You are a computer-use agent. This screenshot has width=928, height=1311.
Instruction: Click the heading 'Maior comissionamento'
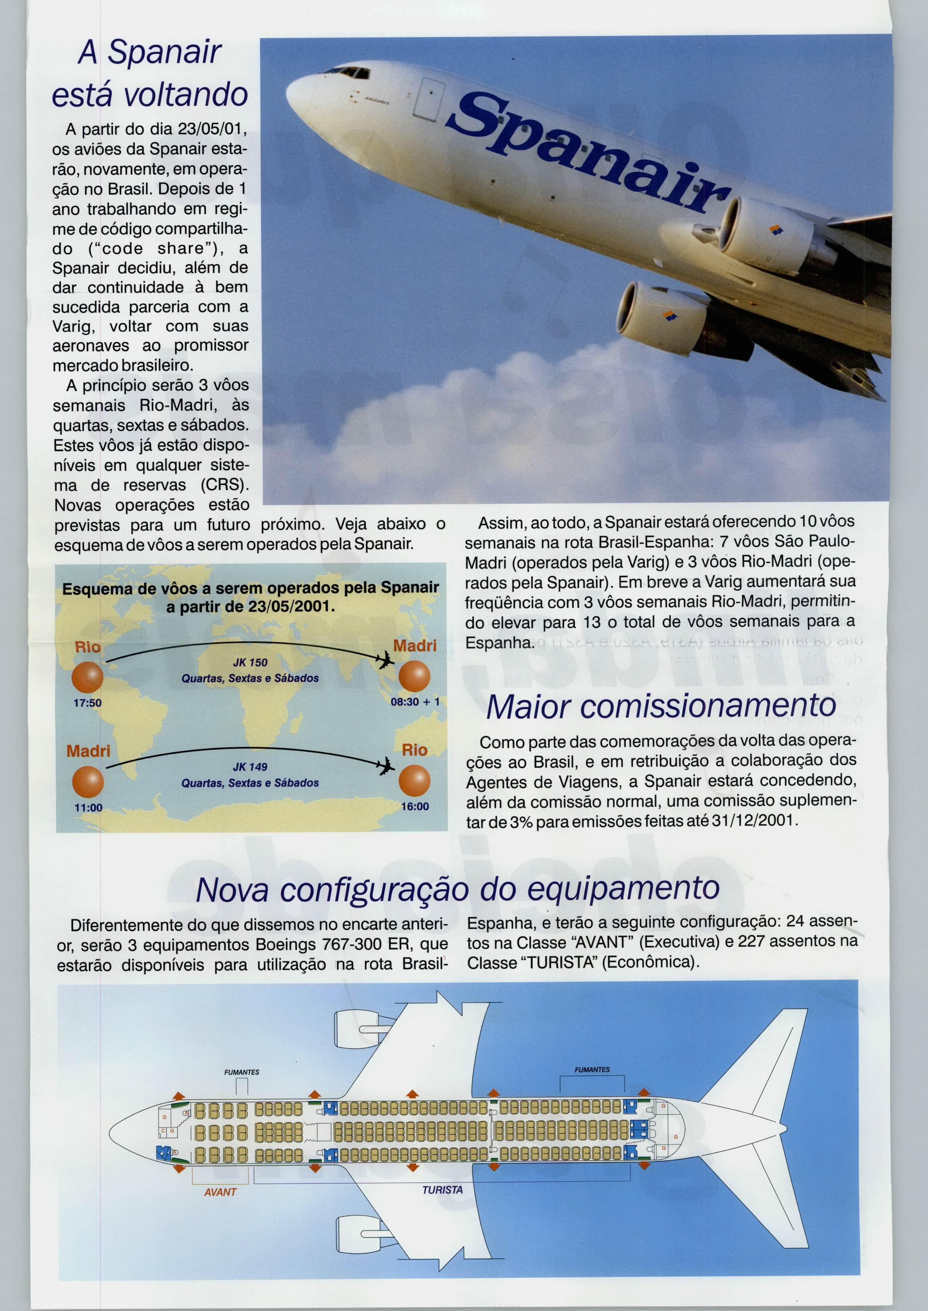[x=661, y=706]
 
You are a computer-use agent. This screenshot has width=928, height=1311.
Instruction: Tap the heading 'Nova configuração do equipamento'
[x=457, y=890]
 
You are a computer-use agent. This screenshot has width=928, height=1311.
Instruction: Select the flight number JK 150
[x=250, y=663]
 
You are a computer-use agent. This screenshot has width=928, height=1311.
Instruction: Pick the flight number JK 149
[x=250, y=767]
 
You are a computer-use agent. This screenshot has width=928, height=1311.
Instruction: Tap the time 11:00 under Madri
[x=88, y=808]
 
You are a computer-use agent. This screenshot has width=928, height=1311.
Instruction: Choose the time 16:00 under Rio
[x=414, y=807]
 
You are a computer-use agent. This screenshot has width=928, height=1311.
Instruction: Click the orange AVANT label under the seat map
[x=220, y=1192]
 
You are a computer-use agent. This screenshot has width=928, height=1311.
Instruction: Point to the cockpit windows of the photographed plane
[x=348, y=73]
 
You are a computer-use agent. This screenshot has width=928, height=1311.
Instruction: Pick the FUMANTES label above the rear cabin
[x=592, y=1069]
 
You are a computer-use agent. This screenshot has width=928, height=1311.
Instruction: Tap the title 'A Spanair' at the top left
[x=150, y=53]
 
